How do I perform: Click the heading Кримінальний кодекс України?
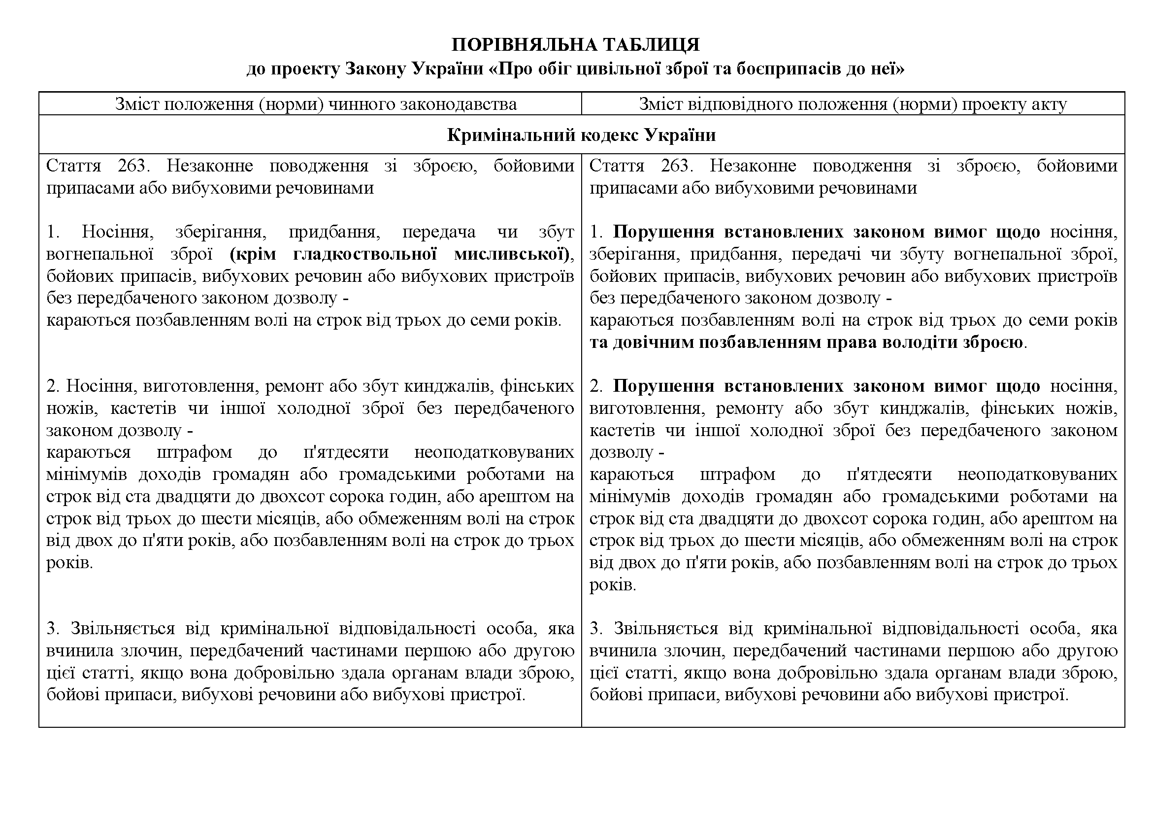(581, 135)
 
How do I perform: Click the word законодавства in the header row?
(458, 104)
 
